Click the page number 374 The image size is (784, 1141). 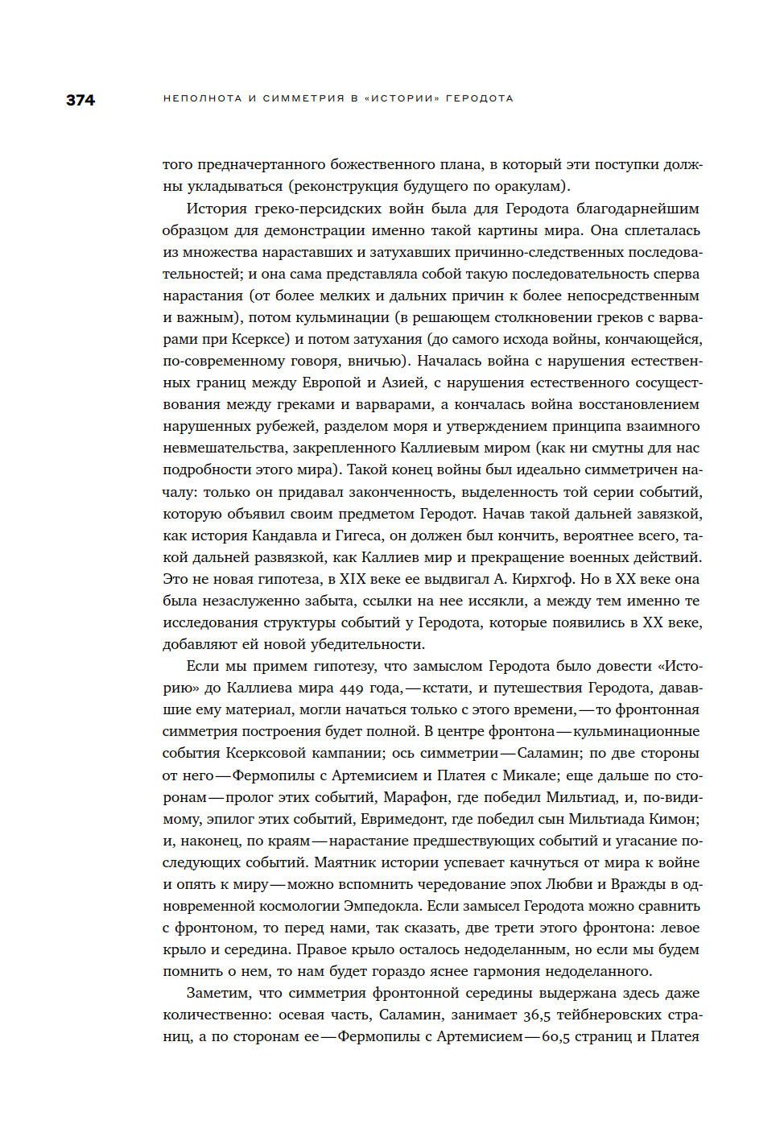pos(80,100)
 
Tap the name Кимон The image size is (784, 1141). pos(675,819)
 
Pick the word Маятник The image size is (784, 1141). pos(344,862)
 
